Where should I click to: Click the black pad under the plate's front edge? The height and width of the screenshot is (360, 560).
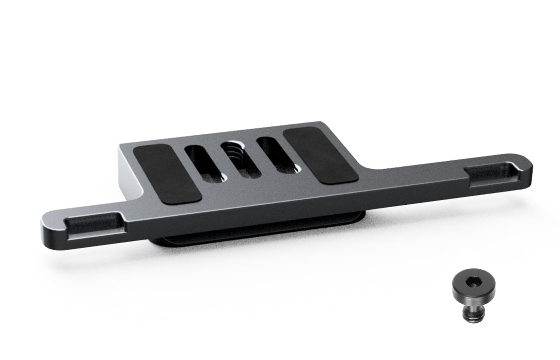click(x=256, y=236)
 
